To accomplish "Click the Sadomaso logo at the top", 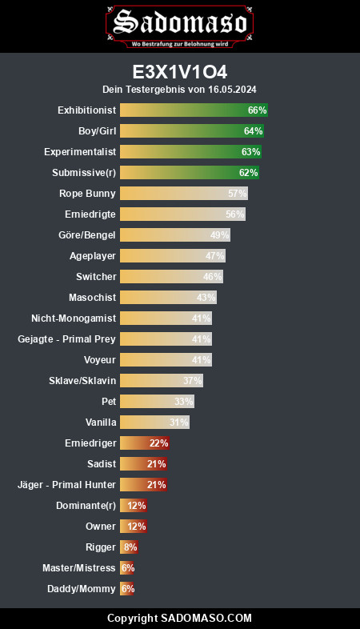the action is pos(179,26).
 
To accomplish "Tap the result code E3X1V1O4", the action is pos(180,72).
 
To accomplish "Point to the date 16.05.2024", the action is pos(232,89).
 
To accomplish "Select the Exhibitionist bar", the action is pos(194,110).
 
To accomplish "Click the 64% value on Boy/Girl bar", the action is pos(254,130).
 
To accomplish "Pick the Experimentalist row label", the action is pos(80,151).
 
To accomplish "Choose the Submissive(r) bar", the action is pos(190,173).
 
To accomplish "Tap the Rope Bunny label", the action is pos(87,194).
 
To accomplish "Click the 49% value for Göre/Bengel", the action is pos(220,235).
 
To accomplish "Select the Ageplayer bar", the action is pos(173,256).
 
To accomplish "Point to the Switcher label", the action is pos(96,277).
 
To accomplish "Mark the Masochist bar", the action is pos(168,298).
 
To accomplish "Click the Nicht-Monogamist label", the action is pos(74,319).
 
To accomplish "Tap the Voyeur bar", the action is pos(166,360).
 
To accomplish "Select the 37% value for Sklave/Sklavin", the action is pos(193,381).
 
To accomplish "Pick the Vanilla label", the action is pos(101,423).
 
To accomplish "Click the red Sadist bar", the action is pos(143,464).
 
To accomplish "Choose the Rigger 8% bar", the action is pos(129,547).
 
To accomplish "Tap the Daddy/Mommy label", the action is pos(82,589).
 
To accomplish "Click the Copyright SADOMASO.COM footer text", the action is pos(179,618).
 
